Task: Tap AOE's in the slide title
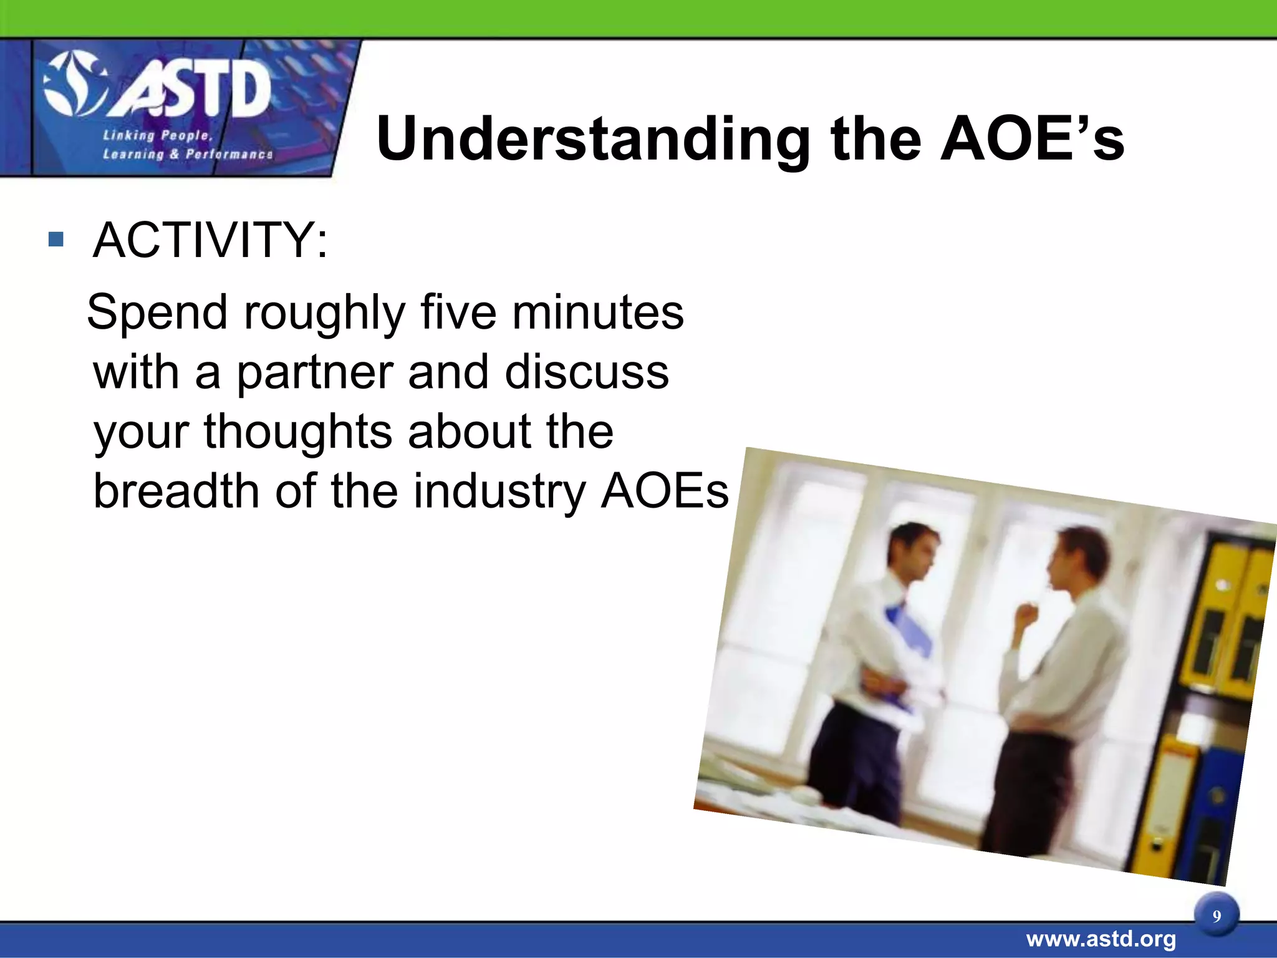pos(1032,138)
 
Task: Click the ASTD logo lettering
pos(190,92)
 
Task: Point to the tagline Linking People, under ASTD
pos(158,135)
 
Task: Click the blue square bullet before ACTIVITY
pos(56,239)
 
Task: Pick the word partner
pos(314,372)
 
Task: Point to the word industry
pos(499,491)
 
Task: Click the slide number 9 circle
pos(1217,916)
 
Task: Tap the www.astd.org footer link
pos(1101,939)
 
